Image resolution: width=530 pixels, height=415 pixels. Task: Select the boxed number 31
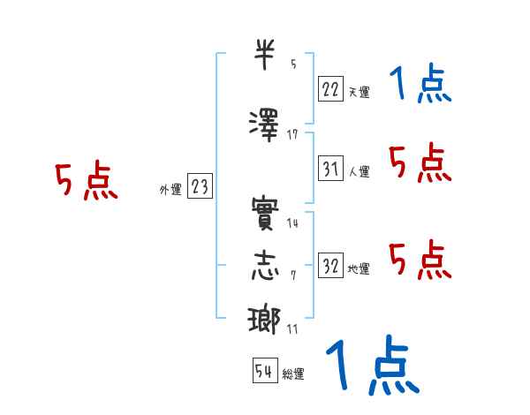(x=330, y=167)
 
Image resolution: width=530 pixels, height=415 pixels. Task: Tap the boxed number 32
(x=330, y=264)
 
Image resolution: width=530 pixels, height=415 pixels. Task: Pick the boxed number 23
(x=200, y=185)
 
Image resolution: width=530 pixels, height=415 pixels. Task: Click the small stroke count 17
(x=292, y=134)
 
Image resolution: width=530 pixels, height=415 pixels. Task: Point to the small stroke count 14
(x=292, y=223)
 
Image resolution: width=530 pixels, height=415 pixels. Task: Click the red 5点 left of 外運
(x=87, y=183)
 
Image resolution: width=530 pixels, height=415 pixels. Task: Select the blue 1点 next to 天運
(x=420, y=86)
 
